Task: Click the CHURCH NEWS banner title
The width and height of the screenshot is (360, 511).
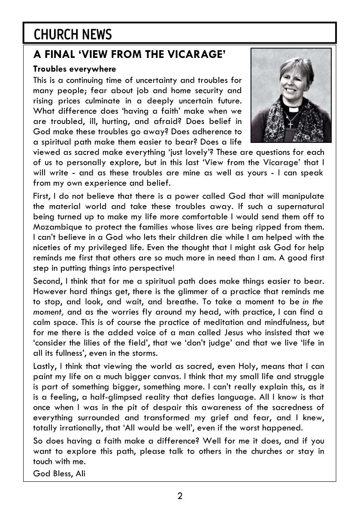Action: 73,34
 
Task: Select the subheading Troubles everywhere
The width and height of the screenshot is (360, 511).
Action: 74,69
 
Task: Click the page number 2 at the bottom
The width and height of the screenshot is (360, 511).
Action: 180,496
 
